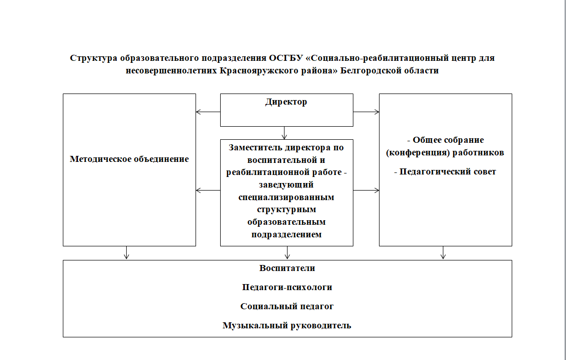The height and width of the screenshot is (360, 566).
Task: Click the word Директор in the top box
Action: (287, 102)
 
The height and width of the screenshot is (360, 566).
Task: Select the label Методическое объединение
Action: (129, 159)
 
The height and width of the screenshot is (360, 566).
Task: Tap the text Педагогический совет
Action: (445, 172)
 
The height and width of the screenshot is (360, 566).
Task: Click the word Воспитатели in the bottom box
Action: (287, 268)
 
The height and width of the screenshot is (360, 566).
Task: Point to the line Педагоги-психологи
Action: (287, 287)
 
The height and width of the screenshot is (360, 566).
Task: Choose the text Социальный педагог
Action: (287, 306)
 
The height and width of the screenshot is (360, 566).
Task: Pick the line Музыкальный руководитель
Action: (287, 325)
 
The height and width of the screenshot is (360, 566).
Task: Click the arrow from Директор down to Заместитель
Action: (285, 133)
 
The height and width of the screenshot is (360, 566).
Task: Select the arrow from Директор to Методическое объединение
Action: (208, 112)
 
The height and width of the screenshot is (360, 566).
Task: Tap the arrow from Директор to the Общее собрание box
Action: (366, 112)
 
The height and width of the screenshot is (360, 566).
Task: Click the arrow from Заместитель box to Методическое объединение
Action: (208, 190)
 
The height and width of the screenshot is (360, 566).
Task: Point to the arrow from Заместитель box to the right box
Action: (366, 190)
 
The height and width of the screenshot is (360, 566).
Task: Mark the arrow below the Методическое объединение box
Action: (127, 252)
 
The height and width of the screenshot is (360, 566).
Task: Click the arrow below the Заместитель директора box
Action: (287, 252)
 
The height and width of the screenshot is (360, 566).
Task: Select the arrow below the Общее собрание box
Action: (443, 252)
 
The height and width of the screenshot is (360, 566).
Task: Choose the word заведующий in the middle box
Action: (287, 185)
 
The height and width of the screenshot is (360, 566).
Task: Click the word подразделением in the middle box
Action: (287, 234)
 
